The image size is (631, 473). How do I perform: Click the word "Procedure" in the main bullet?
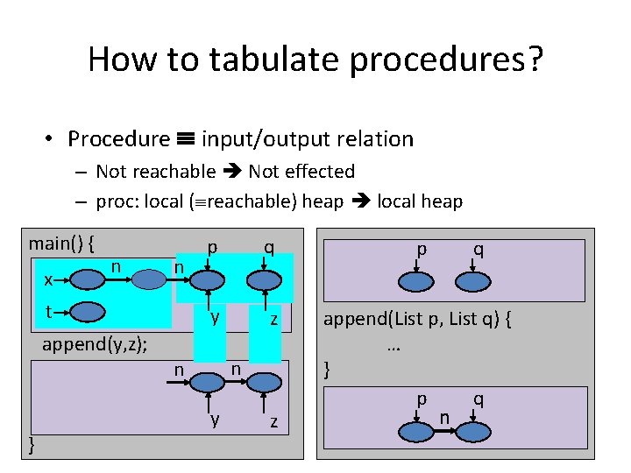click(118, 138)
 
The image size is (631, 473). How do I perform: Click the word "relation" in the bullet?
click(372, 138)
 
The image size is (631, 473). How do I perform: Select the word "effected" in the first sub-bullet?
click(320, 172)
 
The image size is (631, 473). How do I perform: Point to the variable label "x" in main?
click(49, 279)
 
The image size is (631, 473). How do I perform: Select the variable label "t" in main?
click(49, 312)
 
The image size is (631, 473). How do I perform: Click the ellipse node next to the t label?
click(88, 312)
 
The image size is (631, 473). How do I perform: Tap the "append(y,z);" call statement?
click(95, 344)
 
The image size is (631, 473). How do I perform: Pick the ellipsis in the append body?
click(393, 345)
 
